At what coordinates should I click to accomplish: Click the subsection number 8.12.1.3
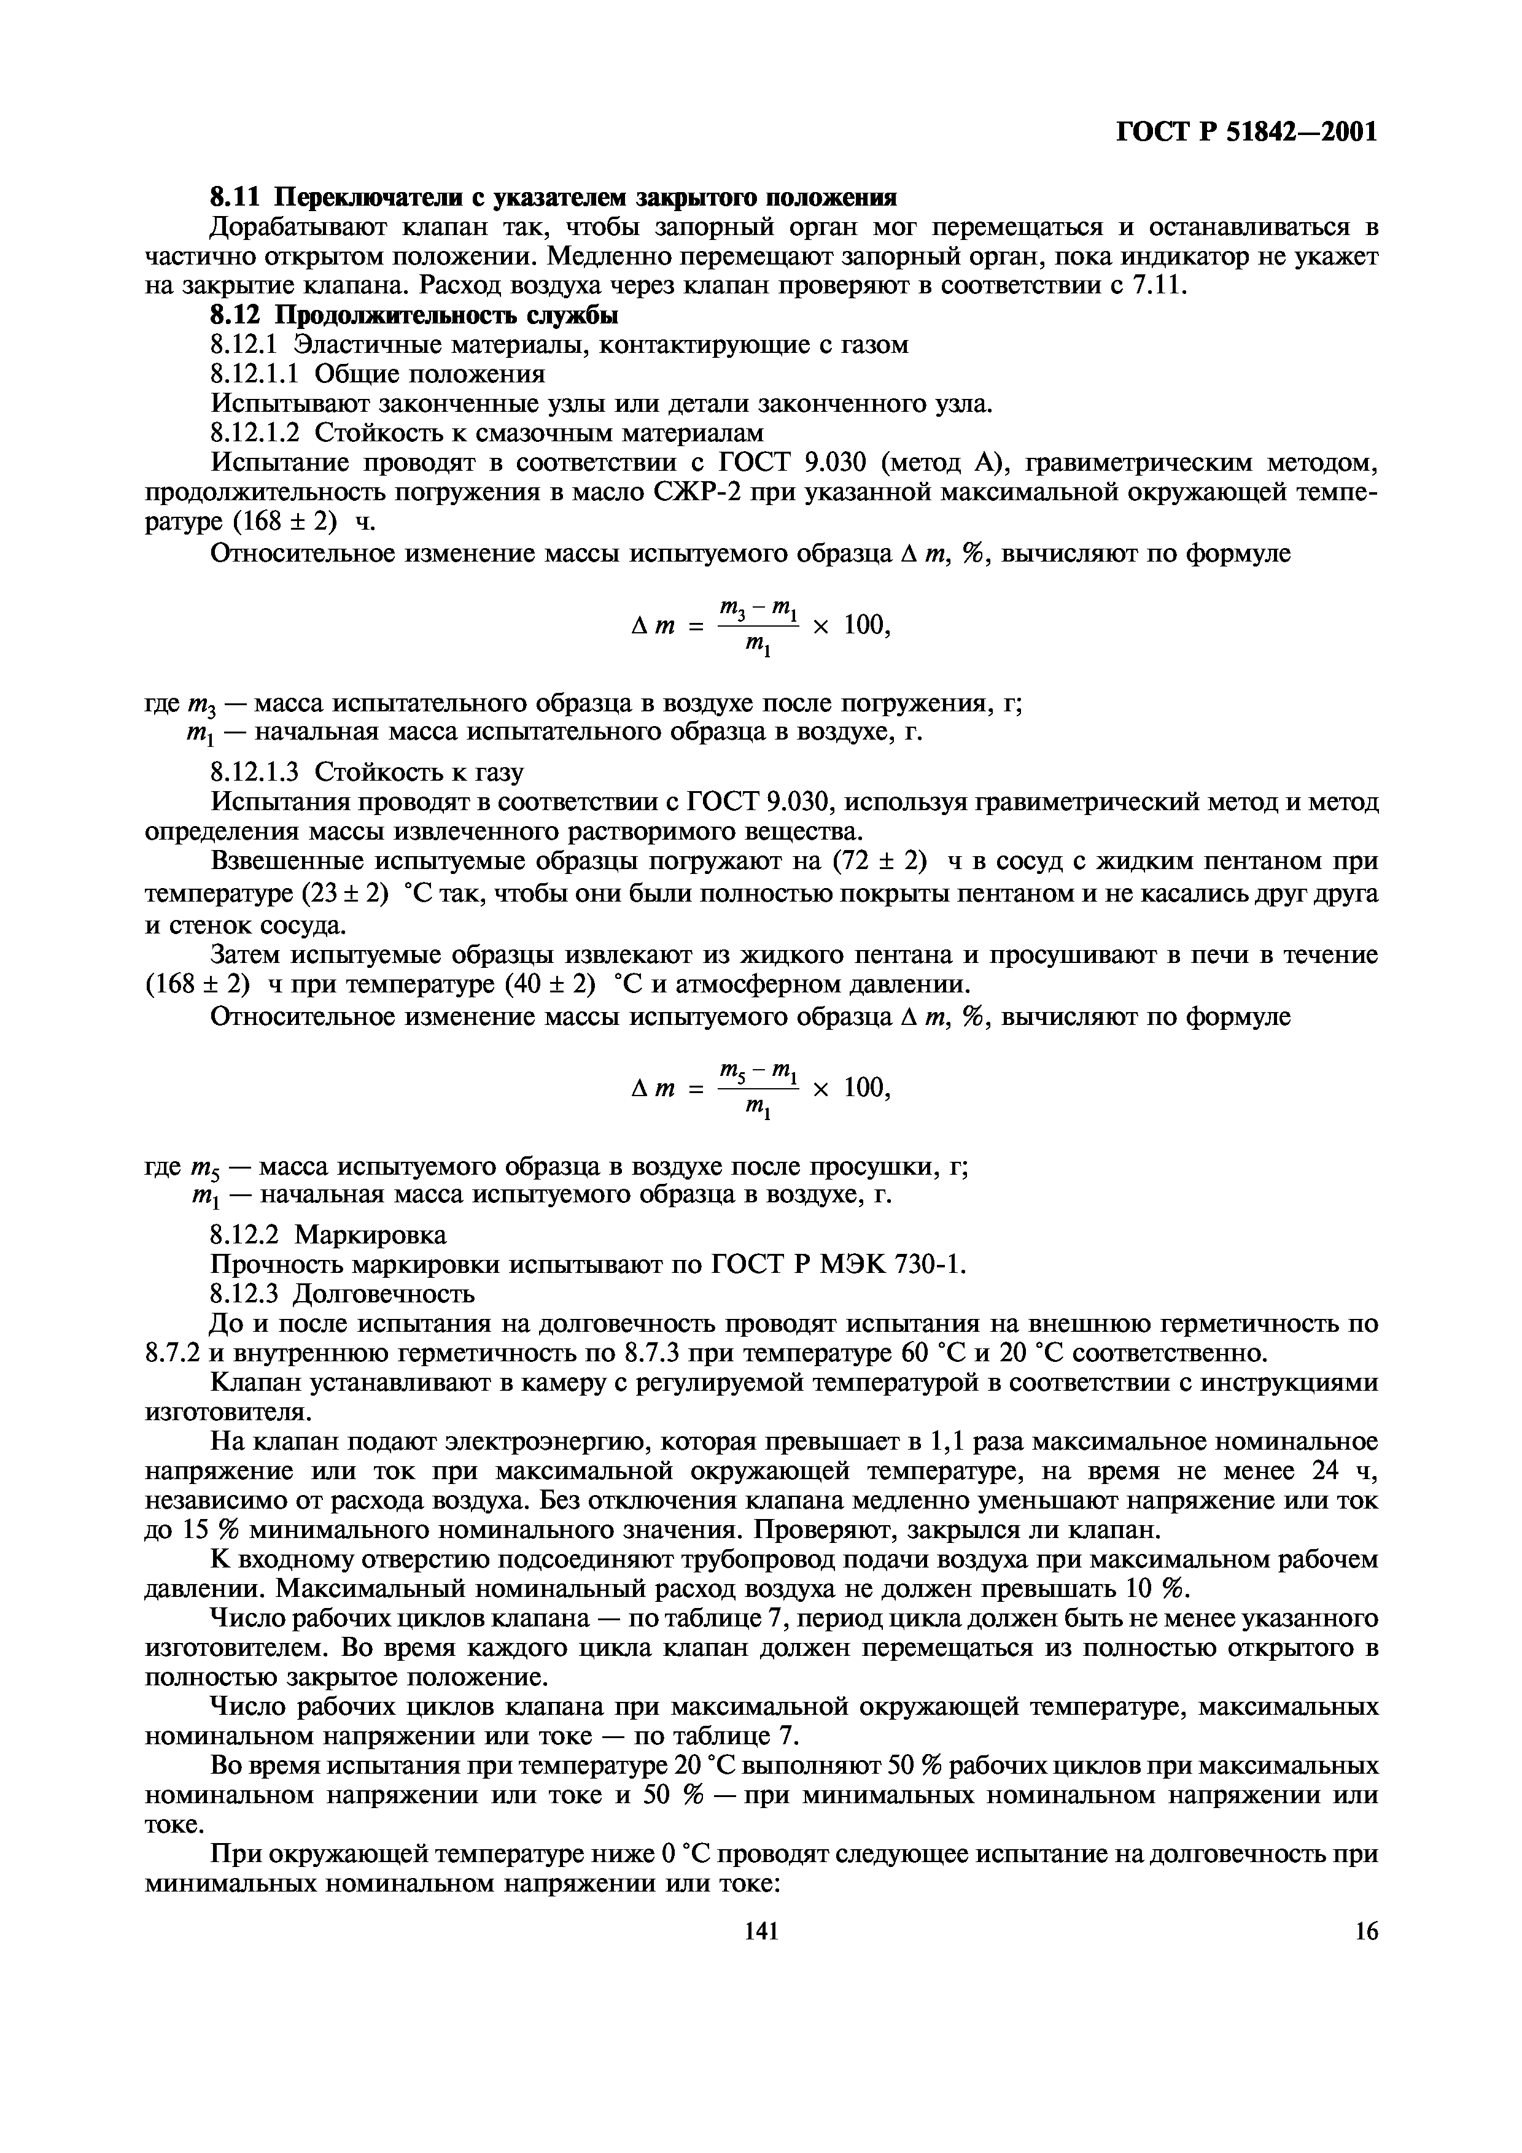coord(254,771)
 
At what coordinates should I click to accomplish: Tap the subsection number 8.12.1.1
coord(254,374)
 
